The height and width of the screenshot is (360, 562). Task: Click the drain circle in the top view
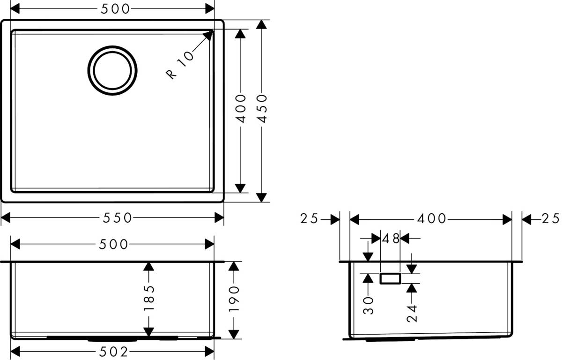113,70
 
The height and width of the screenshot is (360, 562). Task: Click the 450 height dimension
263,109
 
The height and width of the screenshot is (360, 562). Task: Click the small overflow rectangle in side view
390,278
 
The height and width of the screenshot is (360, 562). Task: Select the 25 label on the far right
551,218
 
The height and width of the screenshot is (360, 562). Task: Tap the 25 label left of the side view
310,218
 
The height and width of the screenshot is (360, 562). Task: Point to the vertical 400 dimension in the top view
240,109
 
